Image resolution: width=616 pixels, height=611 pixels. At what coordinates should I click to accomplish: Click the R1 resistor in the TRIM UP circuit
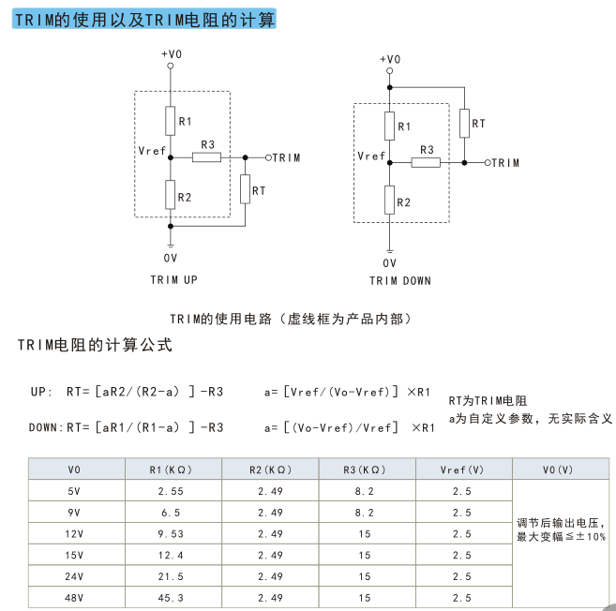170,121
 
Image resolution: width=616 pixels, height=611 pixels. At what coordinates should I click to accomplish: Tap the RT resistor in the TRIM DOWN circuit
464,124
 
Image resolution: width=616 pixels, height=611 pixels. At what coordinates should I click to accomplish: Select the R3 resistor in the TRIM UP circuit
206,157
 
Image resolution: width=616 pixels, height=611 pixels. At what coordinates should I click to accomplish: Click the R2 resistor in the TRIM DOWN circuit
389,200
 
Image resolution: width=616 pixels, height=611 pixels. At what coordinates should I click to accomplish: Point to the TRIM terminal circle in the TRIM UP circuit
268,157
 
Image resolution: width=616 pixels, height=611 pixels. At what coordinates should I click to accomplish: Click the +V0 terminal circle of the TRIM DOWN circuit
389,70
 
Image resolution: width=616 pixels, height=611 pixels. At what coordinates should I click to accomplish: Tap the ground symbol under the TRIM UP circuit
171,246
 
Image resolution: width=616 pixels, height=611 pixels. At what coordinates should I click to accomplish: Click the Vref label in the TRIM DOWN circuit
371,156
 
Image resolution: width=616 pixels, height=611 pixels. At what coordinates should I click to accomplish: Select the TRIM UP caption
174,279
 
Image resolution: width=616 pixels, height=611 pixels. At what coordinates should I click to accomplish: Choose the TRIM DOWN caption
400,281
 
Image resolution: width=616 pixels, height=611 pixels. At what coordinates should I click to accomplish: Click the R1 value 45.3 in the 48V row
171,598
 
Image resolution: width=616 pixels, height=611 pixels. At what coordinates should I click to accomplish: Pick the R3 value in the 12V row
365,533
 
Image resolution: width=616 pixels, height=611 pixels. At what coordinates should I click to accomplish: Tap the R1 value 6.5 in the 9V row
171,513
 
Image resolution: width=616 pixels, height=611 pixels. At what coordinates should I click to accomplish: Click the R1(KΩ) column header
171,469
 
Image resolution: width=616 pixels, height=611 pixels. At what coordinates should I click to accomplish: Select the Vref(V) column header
462,469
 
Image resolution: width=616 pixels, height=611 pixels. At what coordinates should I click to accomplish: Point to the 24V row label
74,576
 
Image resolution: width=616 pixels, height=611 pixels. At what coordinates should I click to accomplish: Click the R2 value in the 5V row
270,491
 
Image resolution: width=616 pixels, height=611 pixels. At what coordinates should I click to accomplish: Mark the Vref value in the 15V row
462,555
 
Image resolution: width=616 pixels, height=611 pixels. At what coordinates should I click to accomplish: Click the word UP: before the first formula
41,392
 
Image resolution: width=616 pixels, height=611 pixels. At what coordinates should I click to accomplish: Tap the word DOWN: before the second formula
46,427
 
